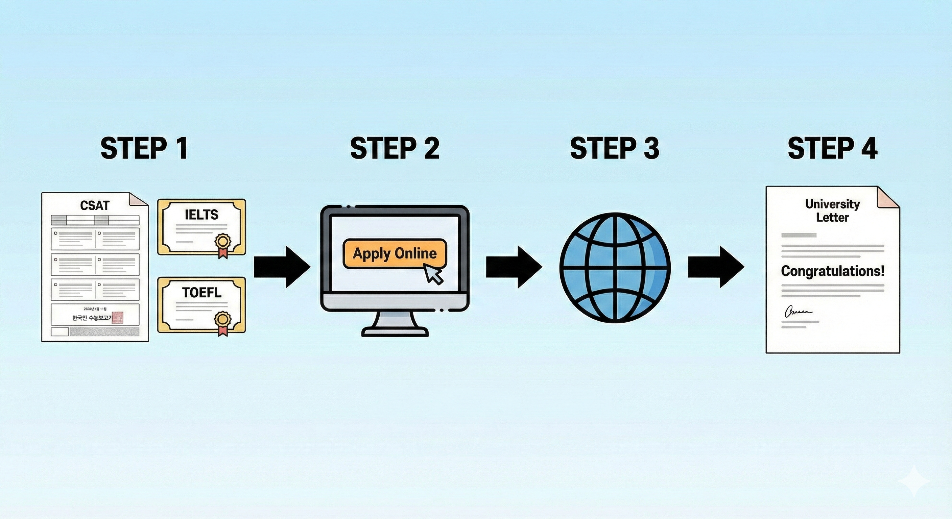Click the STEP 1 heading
coord(144,148)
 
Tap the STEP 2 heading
coord(395,148)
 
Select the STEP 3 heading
coord(614,148)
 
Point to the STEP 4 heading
coord(832,148)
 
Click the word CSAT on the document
coord(95,205)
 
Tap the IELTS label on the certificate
coord(201,215)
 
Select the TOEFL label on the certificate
coord(201,293)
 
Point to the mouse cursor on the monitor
coord(433,274)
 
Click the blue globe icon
coord(615,268)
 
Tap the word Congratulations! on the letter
coord(832,271)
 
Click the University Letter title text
coord(832,211)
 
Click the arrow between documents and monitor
coord(282,267)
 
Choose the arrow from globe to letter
coord(715,267)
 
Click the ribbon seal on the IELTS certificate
coord(223,245)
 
